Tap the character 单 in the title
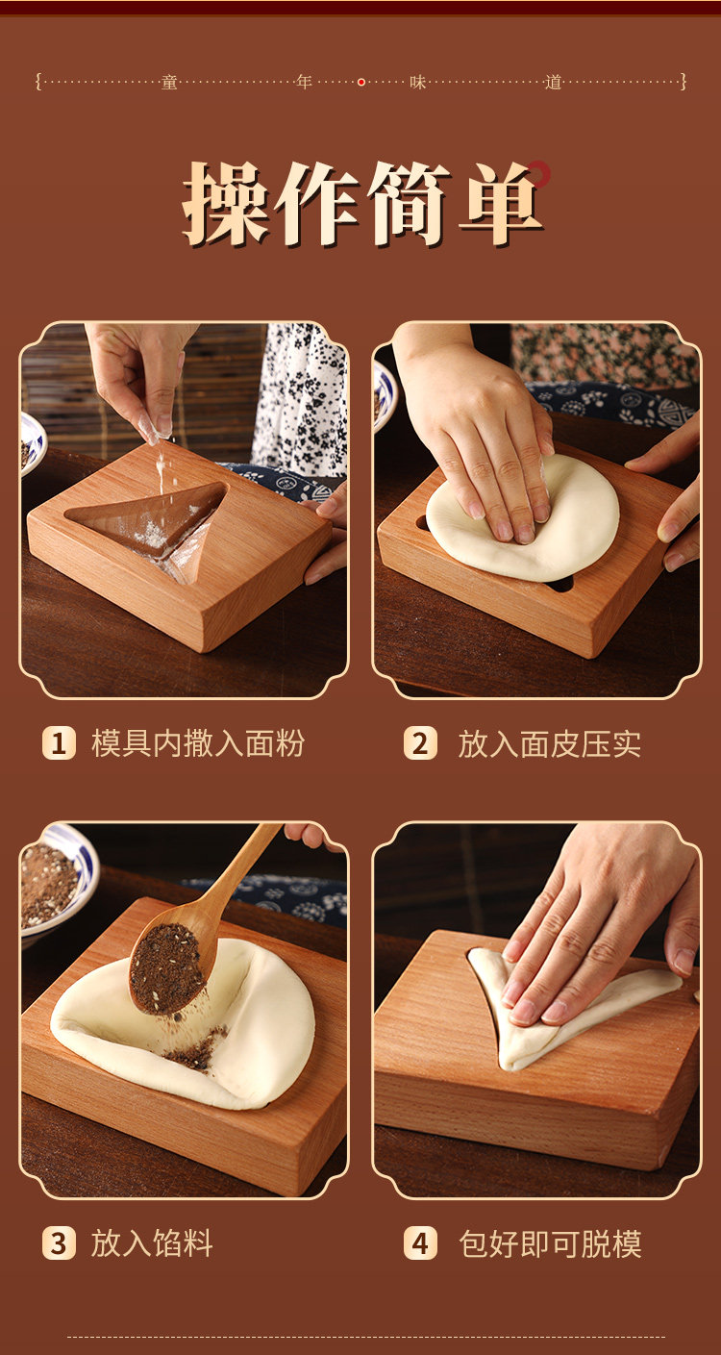point(502,203)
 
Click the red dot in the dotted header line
point(361,82)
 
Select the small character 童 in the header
point(169,82)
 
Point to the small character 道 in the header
point(553,82)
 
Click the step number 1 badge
point(59,742)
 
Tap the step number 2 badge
point(420,742)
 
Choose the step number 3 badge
point(59,1243)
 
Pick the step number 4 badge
point(420,1243)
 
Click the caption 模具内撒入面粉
point(198,742)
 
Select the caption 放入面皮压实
point(549,743)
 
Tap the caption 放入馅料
point(152,1243)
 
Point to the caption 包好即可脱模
point(550,1244)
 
